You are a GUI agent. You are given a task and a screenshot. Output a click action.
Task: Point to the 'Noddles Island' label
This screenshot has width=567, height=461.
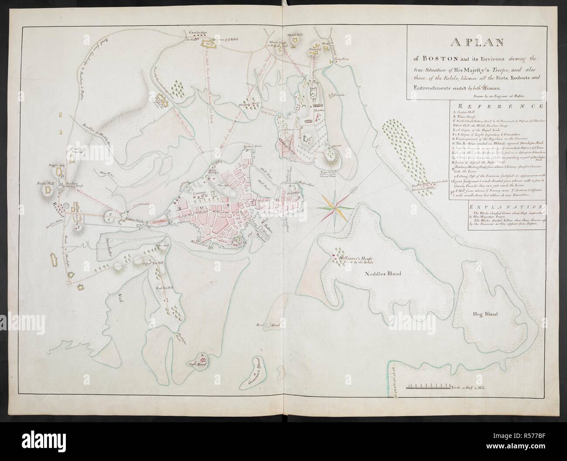pyautogui.click(x=383, y=274)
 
